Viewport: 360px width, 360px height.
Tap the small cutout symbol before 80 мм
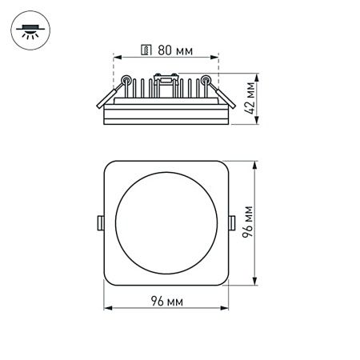(145, 50)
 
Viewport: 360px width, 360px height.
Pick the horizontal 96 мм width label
(168, 300)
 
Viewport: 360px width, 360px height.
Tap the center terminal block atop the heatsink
(166, 78)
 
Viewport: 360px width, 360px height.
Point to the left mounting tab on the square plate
(100, 222)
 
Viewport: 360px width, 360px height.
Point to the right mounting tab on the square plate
(232, 222)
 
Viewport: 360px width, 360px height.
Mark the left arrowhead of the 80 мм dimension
(114, 57)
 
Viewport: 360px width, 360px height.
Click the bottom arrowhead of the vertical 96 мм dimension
(255, 284)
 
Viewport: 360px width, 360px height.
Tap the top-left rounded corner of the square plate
(110, 166)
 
